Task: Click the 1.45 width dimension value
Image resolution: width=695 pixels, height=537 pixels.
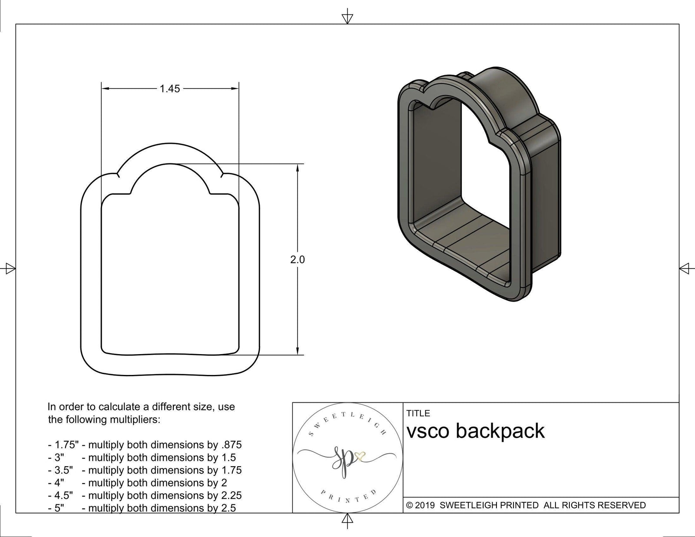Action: pyautogui.click(x=169, y=89)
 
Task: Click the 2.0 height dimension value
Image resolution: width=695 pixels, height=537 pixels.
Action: pyautogui.click(x=298, y=259)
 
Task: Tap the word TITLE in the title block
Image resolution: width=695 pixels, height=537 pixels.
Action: pyautogui.click(x=418, y=413)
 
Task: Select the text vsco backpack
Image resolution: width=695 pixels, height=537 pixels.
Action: pyautogui.click(x=476, y=431)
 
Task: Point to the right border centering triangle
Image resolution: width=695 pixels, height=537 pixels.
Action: pyautogui.click(x=685, y=268)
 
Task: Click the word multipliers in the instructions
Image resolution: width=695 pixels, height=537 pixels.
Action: pyautogui.click(x=135, y=420)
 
